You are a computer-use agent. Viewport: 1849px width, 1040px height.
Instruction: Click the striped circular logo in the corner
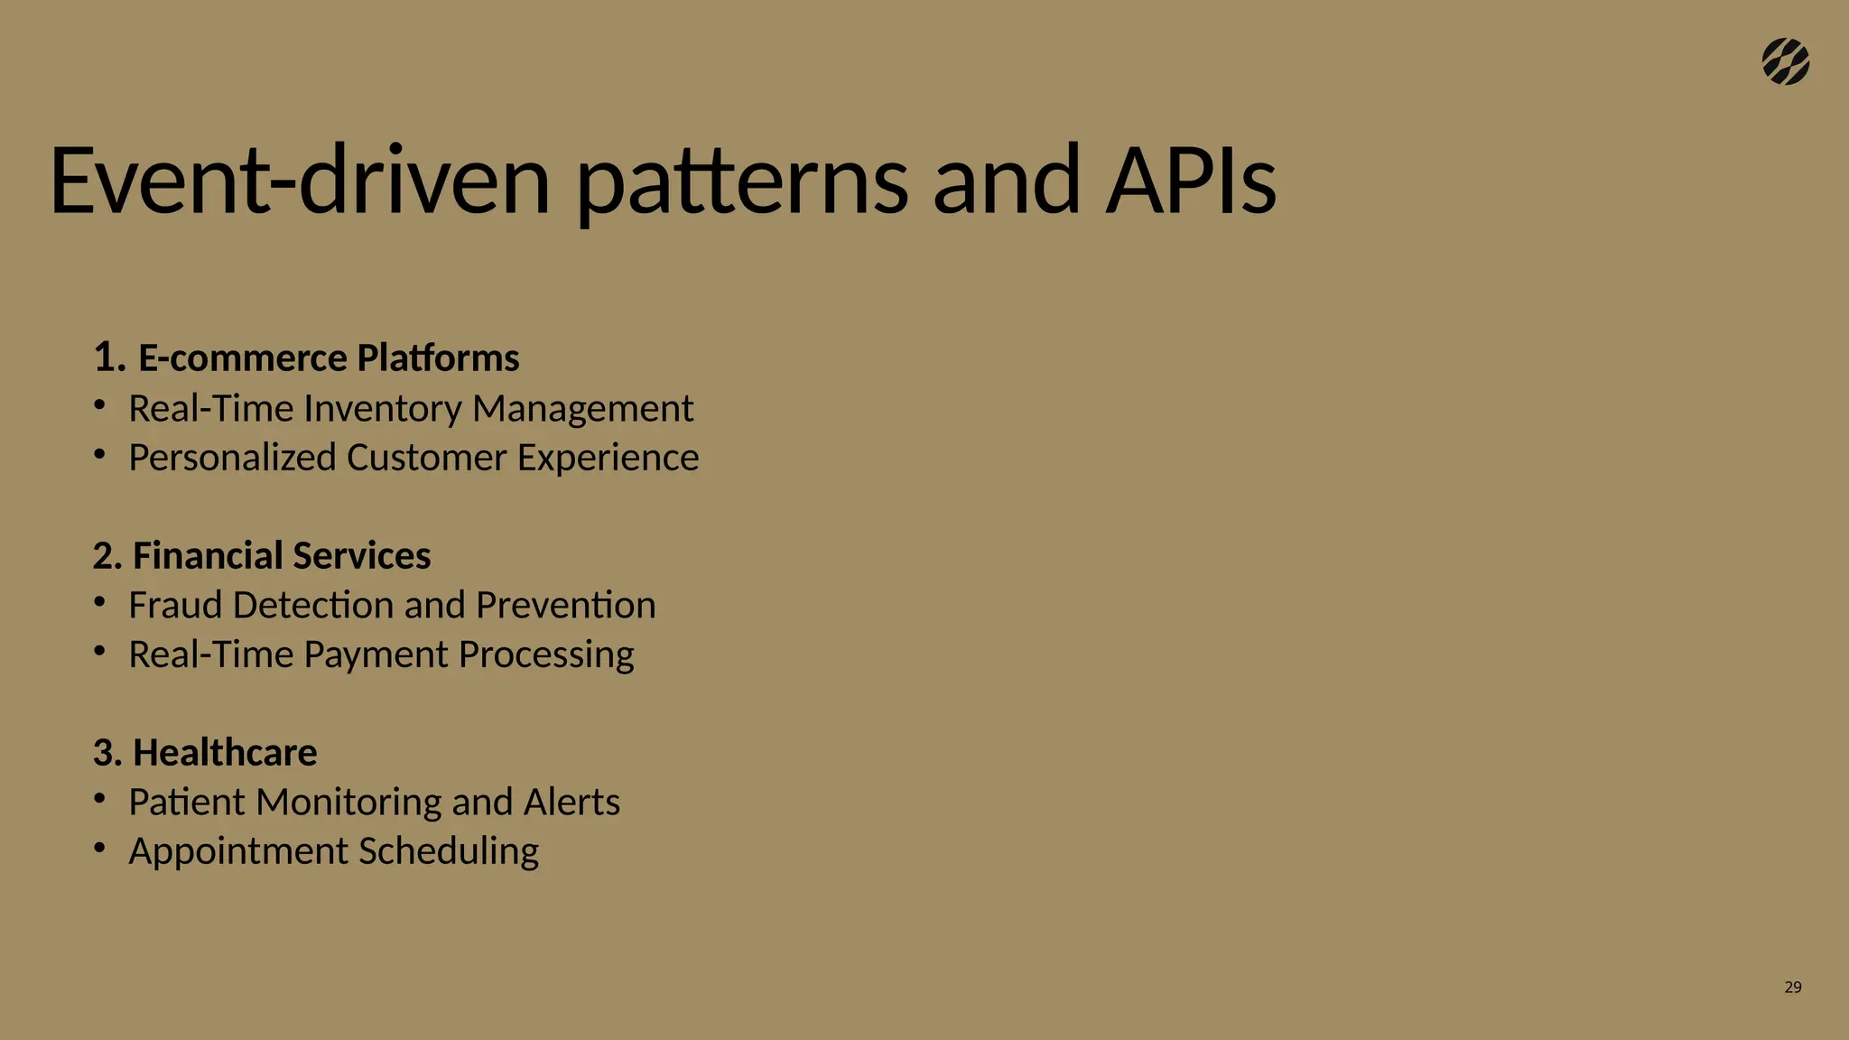(1785, 62)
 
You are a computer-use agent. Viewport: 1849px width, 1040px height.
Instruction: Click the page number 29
(1792, 988)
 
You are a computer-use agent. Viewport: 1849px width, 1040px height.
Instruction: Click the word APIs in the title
(1191, 180)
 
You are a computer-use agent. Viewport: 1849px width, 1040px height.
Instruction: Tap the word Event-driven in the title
(299, 180)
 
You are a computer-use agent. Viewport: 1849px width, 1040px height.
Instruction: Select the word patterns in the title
(741, 185)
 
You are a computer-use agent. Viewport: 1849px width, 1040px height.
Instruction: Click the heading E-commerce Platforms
(328, 358)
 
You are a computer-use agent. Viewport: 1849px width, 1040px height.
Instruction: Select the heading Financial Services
(281, 555)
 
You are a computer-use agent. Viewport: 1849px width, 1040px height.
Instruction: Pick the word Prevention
(565, 605)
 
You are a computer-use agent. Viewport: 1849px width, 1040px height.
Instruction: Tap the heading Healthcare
(224, 753)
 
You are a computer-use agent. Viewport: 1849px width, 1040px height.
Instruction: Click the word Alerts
(571, 802)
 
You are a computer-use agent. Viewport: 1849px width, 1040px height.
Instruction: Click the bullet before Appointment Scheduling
(100, 847)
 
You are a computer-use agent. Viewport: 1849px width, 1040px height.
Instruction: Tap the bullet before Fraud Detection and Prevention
(100, 600)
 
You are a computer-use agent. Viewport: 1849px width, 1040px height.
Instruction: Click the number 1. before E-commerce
(107, 358)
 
